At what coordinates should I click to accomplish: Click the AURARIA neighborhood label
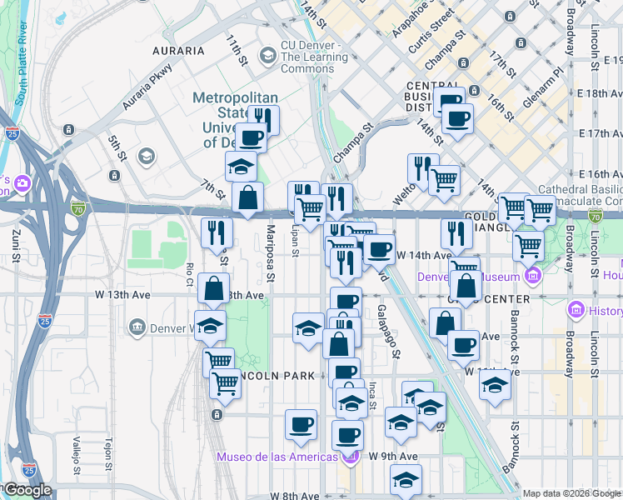tap(178, 50)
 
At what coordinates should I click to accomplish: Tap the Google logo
tap(28, 490)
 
